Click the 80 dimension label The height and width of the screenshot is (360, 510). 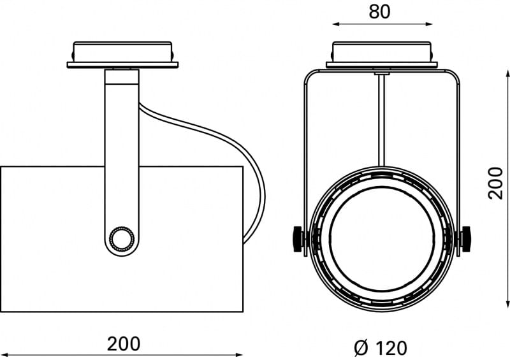click(x=379, y=11)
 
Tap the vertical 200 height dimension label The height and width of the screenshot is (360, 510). click(x=495, y=183)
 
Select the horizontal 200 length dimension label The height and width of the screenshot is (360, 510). click(x=124, y=343)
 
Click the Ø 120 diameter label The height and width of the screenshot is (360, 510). click(x=380, y=348)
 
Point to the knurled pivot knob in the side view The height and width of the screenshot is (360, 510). click(x=122, y=240)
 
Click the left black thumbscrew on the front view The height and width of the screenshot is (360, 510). click(x=298, y=239)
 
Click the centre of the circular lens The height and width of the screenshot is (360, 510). click(x=382, y=240)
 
